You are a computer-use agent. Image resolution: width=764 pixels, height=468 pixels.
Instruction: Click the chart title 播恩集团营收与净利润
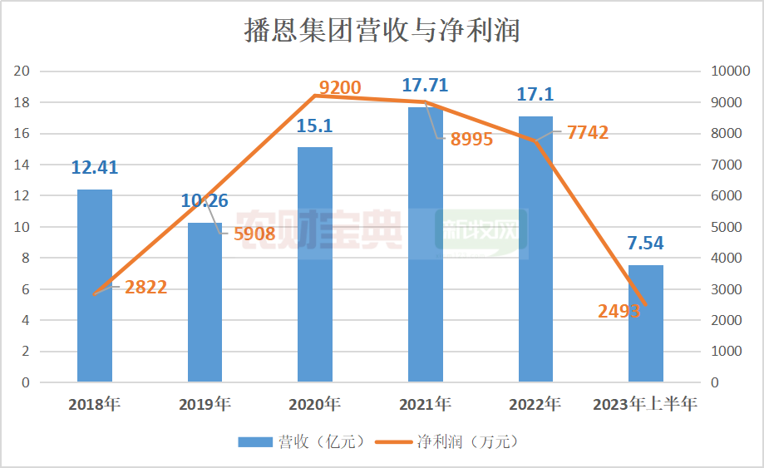382,31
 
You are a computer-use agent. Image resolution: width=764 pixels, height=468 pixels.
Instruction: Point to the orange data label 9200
340,87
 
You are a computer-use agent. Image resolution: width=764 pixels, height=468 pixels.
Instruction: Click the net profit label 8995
471,140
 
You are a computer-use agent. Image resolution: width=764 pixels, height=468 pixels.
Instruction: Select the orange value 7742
588,133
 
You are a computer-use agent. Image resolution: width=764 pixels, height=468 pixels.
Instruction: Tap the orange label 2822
146,288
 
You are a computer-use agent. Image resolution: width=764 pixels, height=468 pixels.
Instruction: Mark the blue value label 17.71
426,85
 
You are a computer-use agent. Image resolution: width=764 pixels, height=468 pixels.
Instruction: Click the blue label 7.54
645,244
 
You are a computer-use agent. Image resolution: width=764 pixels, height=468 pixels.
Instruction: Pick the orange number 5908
254,234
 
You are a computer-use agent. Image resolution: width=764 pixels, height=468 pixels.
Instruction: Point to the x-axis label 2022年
535,405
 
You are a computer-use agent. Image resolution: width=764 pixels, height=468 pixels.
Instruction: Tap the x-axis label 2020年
315,405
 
